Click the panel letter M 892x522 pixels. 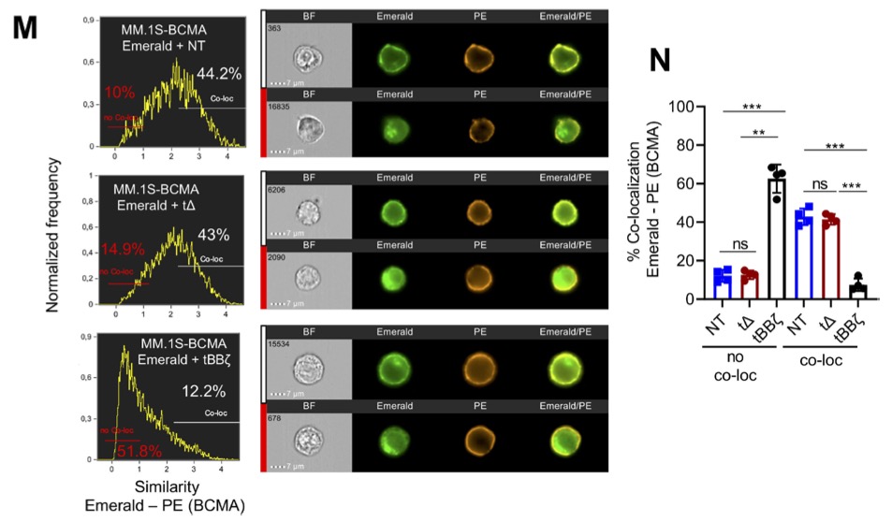25,27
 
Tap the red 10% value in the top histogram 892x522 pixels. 120,92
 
